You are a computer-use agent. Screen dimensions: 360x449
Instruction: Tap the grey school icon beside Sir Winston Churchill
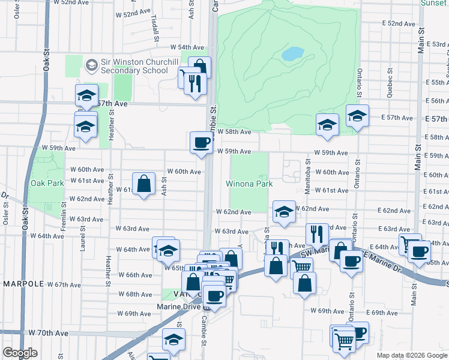pyautogui.click(x=92, y=64)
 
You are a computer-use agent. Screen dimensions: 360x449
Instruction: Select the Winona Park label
pyautogui.click(x=249, y=184)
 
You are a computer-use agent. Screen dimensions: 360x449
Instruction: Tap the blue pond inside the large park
pyautogui.click(x=292, y=54)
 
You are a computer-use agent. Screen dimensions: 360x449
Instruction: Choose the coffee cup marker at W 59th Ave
pyautogui.click(x=201, y=143)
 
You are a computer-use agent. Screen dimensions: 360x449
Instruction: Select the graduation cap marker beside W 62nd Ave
pyautogui.click(x=284, y=211)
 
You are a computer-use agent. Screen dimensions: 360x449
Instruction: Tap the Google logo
pyautogui.click(x=19, y=353)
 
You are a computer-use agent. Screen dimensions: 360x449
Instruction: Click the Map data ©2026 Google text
pyautogui.click(x=411, y=355)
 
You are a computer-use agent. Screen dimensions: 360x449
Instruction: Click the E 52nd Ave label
pyautogui.click(x=400, y=23)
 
